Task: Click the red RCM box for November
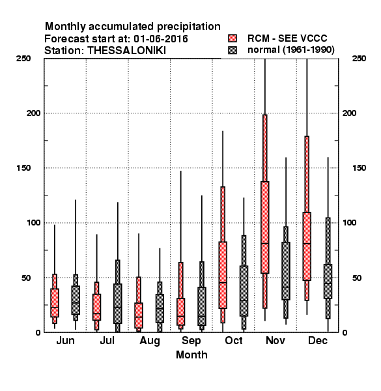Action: tap(265, 227)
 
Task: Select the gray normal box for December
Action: tap(328, 281)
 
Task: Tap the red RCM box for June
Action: tap(55, 303)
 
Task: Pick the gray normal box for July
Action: tap(118, 304)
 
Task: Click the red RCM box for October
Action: tap(223, 275)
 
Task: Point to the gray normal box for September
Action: tap(202, 306)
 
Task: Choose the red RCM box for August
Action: tap(139, 315)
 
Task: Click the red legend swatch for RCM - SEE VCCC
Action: tap(233, 38)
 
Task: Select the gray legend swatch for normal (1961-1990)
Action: tap(233, 50)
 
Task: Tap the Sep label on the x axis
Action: tap(191, 341)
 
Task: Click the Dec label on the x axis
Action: tap(318, 340)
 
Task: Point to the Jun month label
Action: tap(65, 340)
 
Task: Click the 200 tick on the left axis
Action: tap(33, 113)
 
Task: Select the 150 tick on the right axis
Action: tap(359, 168)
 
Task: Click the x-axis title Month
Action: tap(191, 355)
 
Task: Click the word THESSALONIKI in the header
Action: tap(126, 51)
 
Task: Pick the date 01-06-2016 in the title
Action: tap(161, 39)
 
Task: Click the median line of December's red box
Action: tap(307, 244)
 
